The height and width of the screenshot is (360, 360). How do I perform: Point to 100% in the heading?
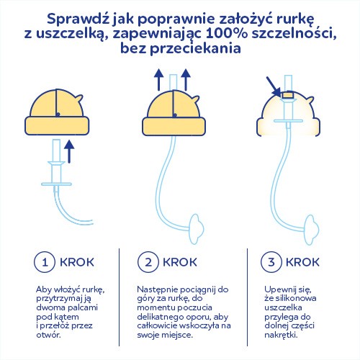point(228,33)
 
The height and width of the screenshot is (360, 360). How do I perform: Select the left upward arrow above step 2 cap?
point(158,80)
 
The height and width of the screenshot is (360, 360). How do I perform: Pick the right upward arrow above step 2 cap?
point(186,80)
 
